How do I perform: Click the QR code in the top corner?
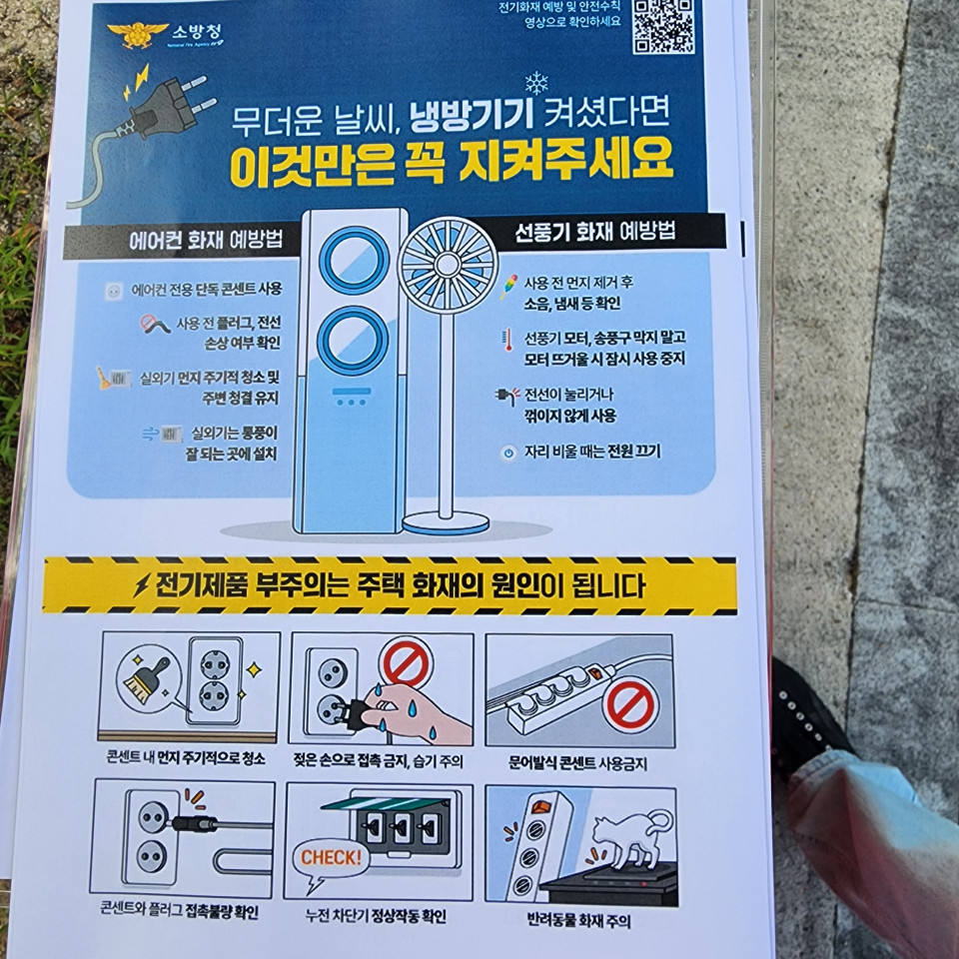click(x=663, y=26)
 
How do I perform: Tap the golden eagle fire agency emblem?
click(x=137, y=34)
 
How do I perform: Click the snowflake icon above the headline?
click(x=535, y=83)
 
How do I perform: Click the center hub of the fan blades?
click(x=448, y=264)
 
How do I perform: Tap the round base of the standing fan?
click(x=446, y=523)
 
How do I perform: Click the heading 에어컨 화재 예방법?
click(x=206, y=239)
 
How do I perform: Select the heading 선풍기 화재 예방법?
click(x=595, y=232)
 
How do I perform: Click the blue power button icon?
click(x=508, y=453)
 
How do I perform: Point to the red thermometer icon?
click(x=507, y=340)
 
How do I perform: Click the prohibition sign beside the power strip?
click(x=630, y=704)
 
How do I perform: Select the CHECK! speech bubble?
click(x=330, y=860)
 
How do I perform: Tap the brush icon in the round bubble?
click(x=146, y=680)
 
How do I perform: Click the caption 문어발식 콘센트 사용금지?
click(x=577, y=763)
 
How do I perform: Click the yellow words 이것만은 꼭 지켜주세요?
click(x=452, y=162)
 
